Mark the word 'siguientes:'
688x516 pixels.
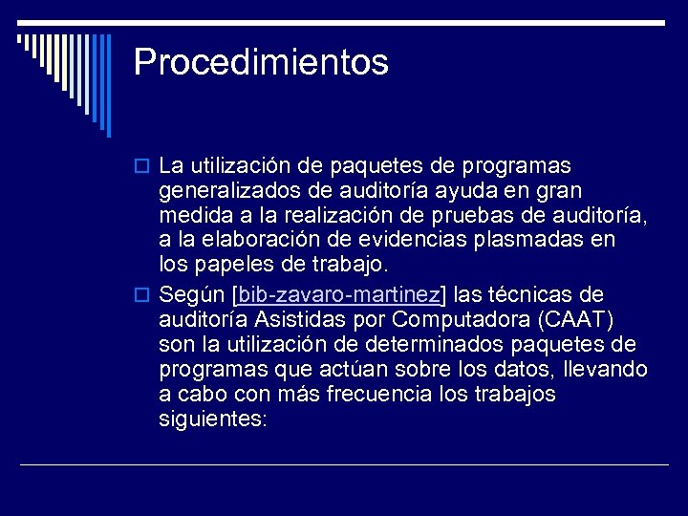coord(213,419)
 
